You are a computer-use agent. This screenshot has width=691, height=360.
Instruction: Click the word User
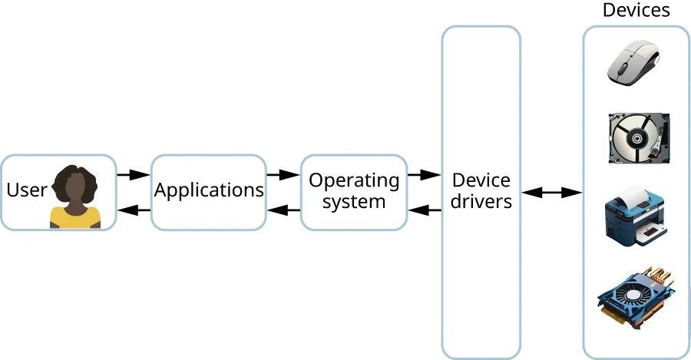point(27,189)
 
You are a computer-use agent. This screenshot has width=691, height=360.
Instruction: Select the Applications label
point(209,190)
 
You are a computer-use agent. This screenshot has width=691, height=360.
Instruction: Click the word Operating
point(354,180)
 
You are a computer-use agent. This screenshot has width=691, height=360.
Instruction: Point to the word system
point(354,202)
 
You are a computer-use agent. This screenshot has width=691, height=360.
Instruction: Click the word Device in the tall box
point(481,180)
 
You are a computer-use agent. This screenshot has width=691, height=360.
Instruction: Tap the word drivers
point(481,202)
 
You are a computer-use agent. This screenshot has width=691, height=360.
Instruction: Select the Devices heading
point(636,10)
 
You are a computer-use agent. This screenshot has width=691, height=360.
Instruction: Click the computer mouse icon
point(634,63)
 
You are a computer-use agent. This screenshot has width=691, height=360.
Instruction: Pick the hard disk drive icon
point(637,137)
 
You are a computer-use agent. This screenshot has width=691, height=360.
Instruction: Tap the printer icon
point(635,216)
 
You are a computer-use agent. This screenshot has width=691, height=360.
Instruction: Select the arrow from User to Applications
point(133,175)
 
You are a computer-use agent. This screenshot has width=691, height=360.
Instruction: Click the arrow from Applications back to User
point(133,210)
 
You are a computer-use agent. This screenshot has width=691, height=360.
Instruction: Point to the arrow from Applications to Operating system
point(283,175)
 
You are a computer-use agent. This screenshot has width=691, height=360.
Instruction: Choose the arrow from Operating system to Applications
point(283,210)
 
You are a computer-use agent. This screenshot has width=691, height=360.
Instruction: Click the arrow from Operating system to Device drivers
point(424,175)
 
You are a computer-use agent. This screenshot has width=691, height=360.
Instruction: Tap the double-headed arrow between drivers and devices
point(551,193)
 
